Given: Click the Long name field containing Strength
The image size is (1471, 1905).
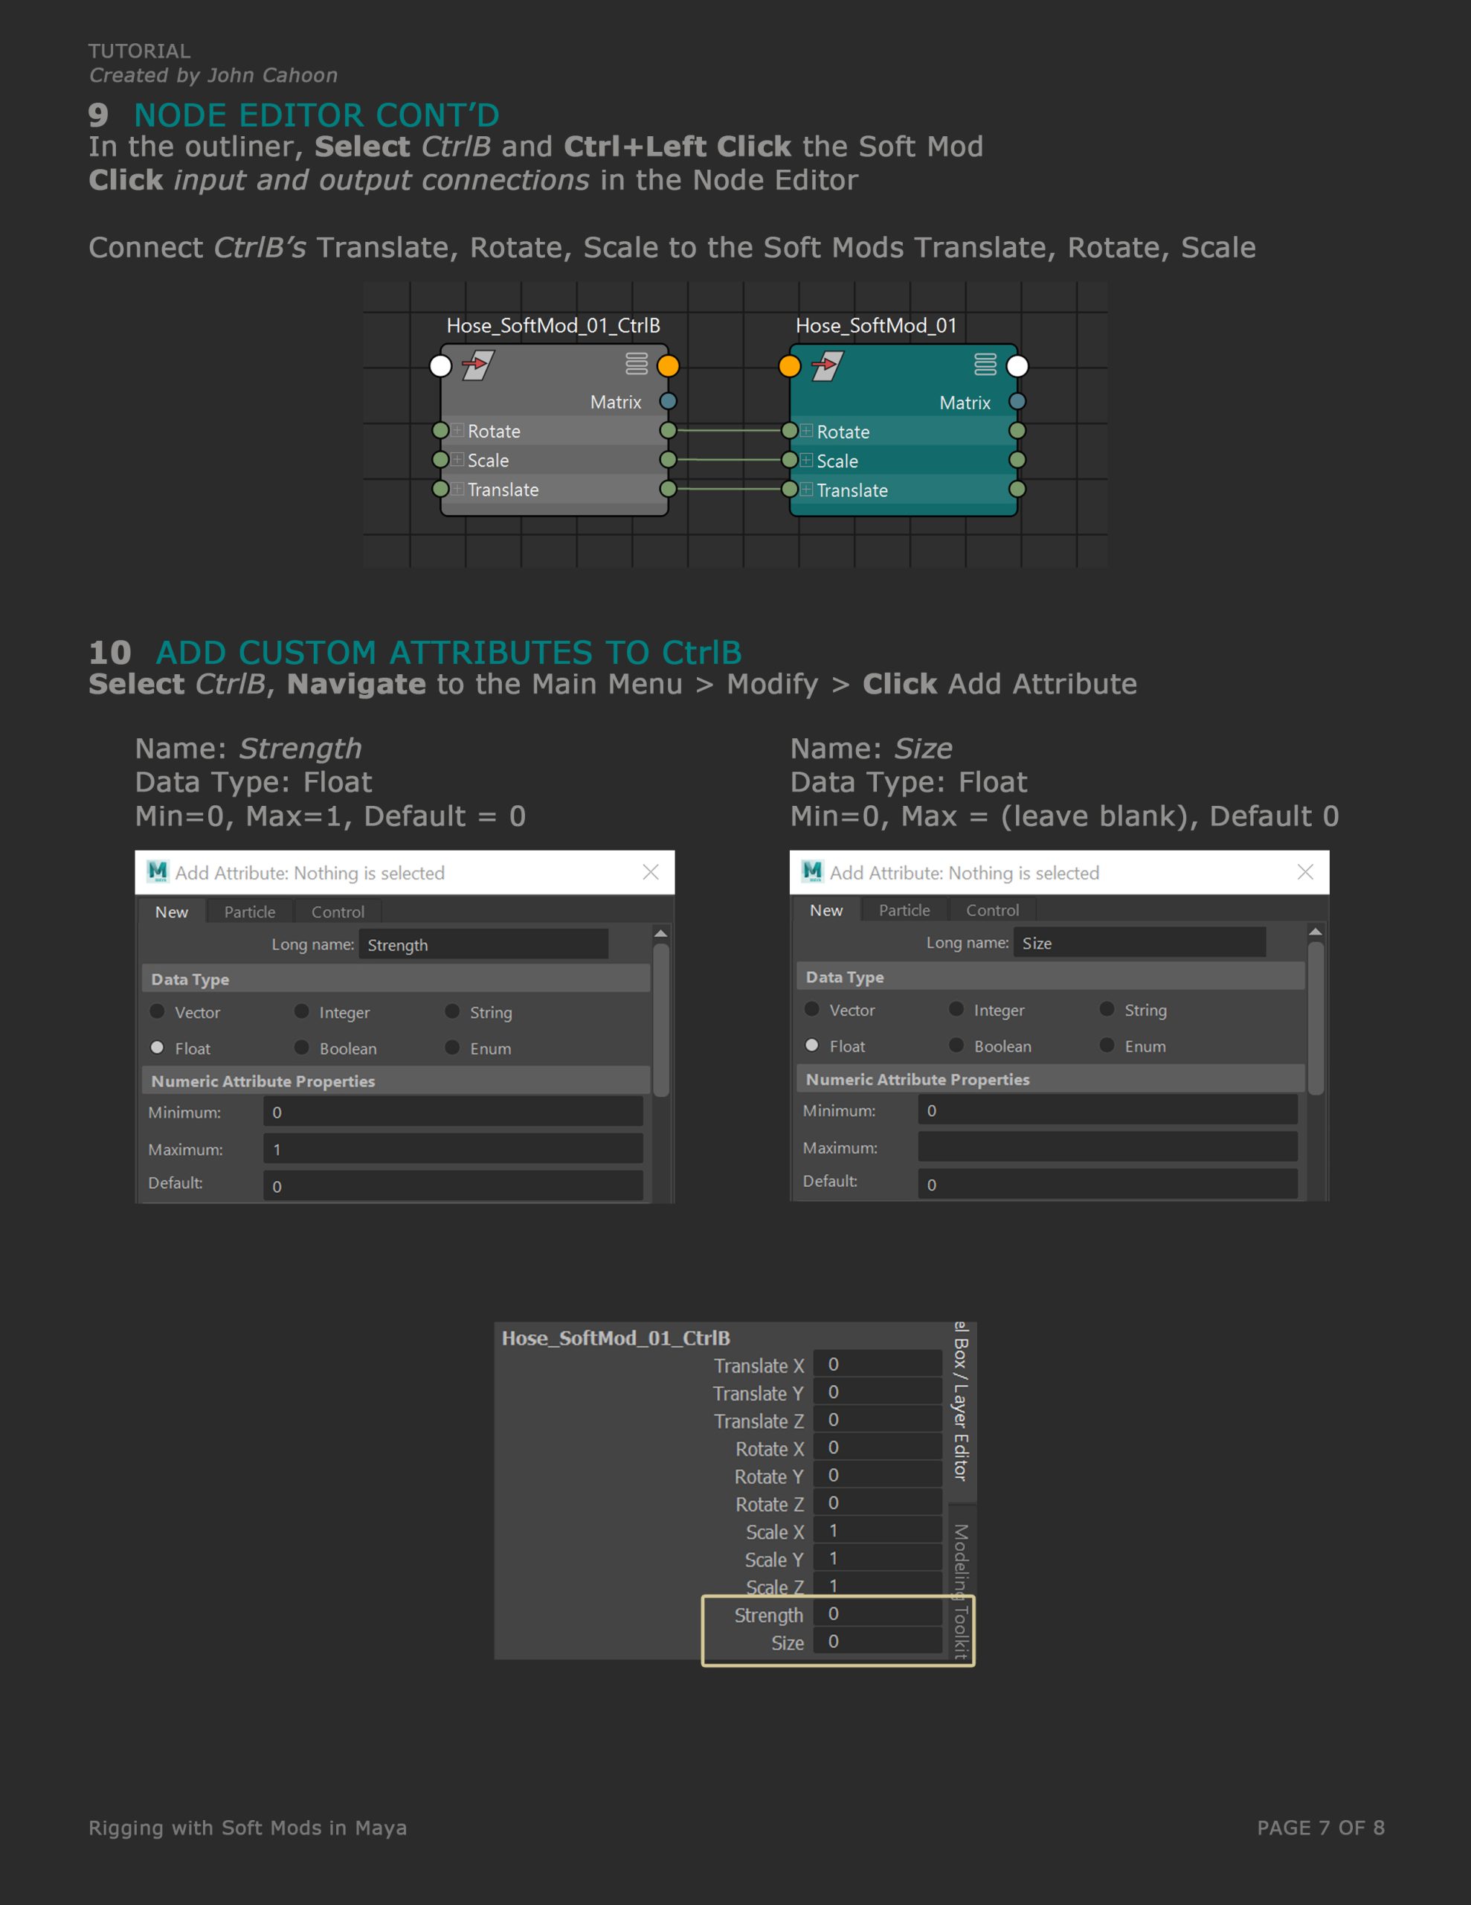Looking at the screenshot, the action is (483, 944).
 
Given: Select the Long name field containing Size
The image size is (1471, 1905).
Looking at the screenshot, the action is (1139, 943).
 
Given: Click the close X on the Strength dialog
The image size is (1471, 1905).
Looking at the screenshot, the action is (651, 872).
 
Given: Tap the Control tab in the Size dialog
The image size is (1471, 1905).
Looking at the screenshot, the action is (992, 910).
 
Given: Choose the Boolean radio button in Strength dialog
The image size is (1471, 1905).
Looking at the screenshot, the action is (302, 1048).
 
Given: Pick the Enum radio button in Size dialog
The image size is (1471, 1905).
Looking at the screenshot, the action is (1107, 1045).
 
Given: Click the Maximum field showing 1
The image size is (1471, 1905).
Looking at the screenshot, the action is (453, 1149).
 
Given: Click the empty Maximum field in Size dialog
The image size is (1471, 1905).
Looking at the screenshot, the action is (1107, 1147).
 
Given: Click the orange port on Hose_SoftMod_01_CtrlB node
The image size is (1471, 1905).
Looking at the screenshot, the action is (668, 365).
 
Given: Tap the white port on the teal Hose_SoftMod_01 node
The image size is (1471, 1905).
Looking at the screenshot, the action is (1017, 366).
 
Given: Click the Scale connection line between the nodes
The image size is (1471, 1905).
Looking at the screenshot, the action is (729, 460).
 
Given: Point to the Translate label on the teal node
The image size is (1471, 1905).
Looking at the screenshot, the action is (852, 490).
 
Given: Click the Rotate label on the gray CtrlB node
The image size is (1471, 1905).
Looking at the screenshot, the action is (494, 431).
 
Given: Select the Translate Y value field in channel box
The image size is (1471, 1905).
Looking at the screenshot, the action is (878, 1392).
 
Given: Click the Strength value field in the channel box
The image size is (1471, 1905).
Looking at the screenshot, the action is (878, 1613).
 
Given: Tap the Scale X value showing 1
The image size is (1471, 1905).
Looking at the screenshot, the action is (878, 1531).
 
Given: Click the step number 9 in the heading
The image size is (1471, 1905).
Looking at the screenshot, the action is (98, 115).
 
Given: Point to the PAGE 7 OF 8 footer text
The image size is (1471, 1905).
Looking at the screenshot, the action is (1320, 1828).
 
